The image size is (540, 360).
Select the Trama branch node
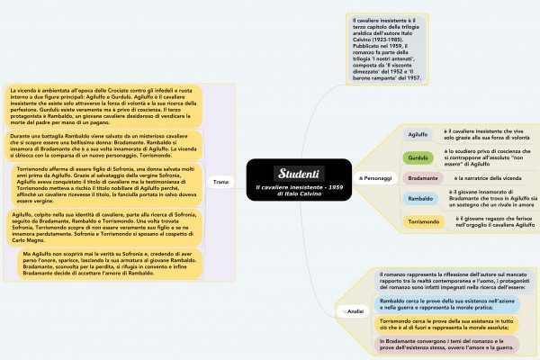pos(220,182)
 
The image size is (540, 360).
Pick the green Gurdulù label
pos(418,157)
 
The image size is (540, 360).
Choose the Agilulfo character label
pos(418,134)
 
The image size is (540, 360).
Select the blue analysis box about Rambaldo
pos(446,304)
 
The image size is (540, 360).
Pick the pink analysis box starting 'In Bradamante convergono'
pos(446,344)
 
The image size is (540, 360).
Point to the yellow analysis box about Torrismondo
pos(446,324)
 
